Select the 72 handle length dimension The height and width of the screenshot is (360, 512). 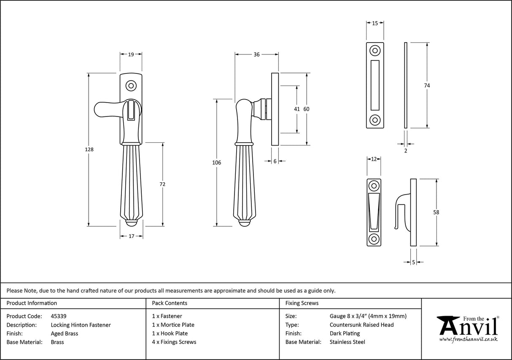(163, 184)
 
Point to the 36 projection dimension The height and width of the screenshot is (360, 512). (256, 54)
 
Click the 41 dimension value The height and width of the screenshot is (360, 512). (297, 109)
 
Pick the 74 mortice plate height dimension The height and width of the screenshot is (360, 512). (427, 85)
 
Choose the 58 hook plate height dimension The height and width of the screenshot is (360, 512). (436, 212)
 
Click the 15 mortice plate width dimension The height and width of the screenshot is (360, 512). (375, 24)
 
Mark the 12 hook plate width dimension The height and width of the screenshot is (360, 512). (374, 159)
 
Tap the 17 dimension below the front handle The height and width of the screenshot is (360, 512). (131, 236)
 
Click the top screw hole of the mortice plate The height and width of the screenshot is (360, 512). (375, 51)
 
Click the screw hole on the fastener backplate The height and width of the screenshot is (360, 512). (131, 86)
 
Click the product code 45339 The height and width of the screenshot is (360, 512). (58, 316)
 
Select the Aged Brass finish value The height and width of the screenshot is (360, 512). (64, 333)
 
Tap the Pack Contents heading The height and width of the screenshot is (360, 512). (170, 303)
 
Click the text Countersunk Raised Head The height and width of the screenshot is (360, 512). (361, 325)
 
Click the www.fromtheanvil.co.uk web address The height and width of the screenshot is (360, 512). (468, 339)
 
